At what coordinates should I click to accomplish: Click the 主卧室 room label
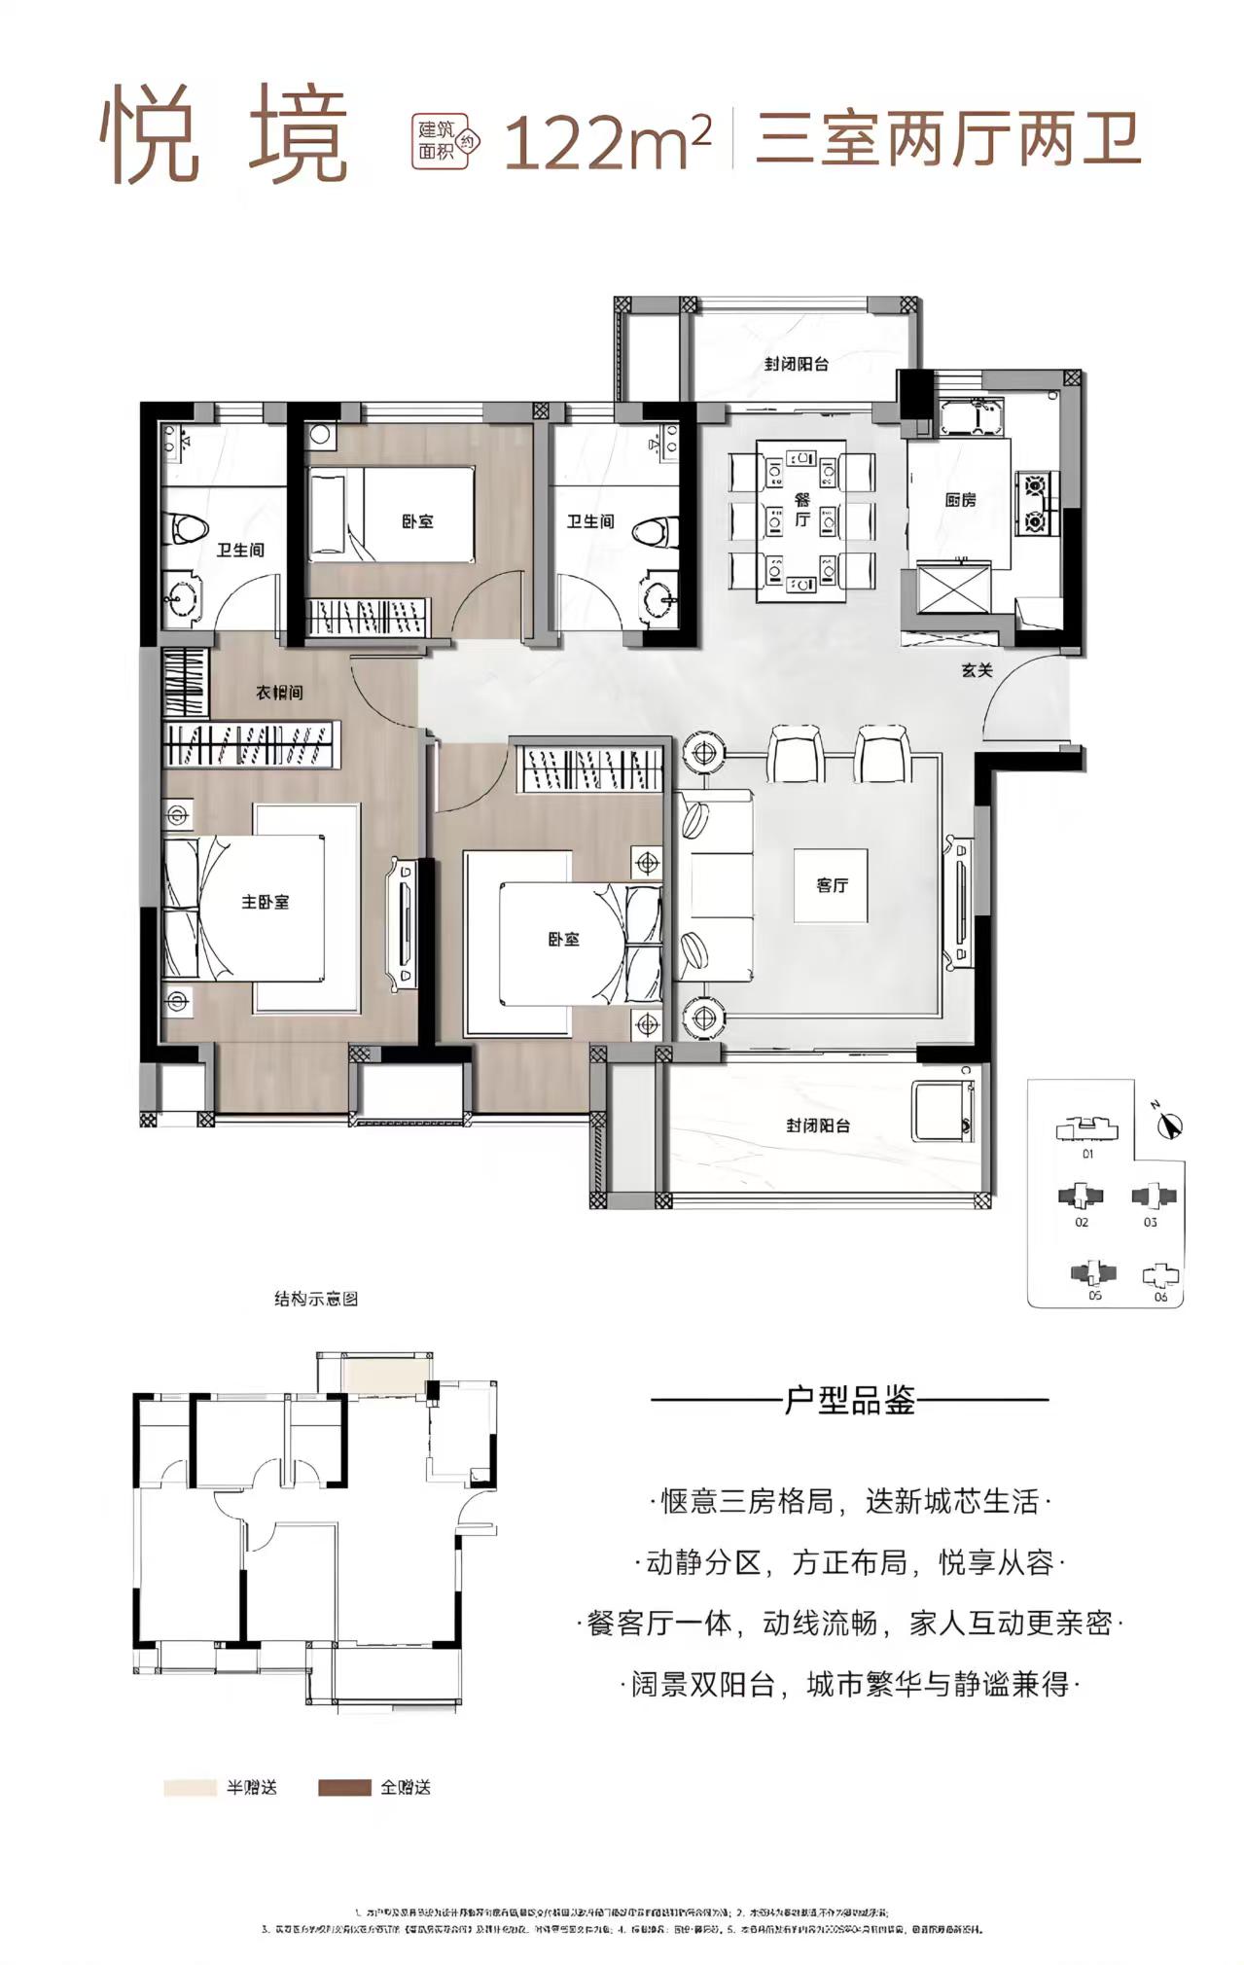pyautogui.click(x=266, y=902)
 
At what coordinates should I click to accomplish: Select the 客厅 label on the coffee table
pyautogui.click(x=832, y=885)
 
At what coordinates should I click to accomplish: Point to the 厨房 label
pyautogui.click(x=960, y=500)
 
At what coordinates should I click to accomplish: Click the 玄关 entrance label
pyautogui.click(x=976, y=669)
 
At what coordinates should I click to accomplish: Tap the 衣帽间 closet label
pyautogui.click(x=279, y=693)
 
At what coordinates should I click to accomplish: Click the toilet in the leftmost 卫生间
pyautogui.click(x=188, y=528)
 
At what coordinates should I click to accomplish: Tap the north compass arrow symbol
pyautogui.click(x=1169, y=1124)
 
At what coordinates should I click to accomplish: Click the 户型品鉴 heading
pyautogui.click(x=849, y=1402)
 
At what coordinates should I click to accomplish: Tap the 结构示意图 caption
pyautogui.click(x=316, y=1299)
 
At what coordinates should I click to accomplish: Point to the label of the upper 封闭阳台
pyautogui.click(x=796, y=365)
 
